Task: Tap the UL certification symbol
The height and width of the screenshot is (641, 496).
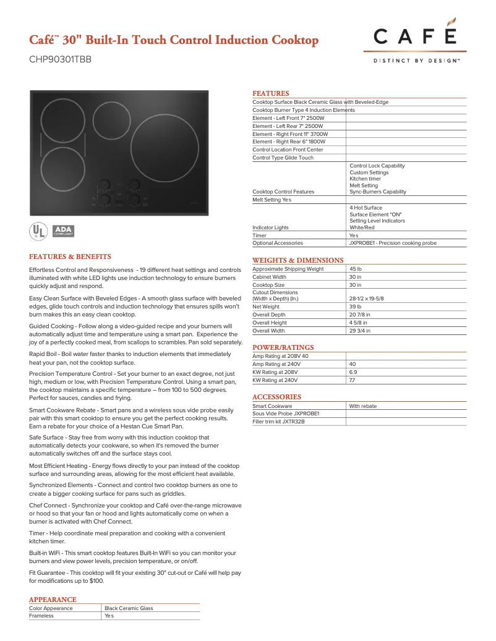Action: pyautogui.click(x=38, y=231)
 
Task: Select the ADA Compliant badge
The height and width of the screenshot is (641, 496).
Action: pyautogui.click(x=64, y=231)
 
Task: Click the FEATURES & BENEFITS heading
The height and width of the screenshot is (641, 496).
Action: pyautogui.click(x=70, y=257)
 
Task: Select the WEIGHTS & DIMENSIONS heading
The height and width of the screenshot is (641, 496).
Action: pyautogui.click(x=297, y=260)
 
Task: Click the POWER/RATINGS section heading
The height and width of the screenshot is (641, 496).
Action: pyautogui.click(x=283, y=347)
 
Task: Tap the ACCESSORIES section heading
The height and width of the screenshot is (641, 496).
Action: pyautogui.click(x=276, y=397)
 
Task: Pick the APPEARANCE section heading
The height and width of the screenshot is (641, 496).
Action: pyautogui.click(x=53, y=600)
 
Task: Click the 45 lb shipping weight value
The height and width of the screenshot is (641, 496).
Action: pyautogui.click(x=356, y=269)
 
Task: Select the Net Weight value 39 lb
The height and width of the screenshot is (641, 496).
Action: pyautogui.click(x=356, y=307)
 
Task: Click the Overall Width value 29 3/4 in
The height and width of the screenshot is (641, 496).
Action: pyautogui.click(x=360, y=331)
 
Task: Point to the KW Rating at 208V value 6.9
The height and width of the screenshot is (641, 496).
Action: pyautogui.click(x=353, y=372)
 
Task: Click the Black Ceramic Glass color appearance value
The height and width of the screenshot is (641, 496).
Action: pyautogui.click(x=129, y=608)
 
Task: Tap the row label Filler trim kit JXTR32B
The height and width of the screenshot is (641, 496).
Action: pyautogui.click(x=278, y=422)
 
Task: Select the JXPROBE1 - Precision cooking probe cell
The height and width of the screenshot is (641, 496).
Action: pyautogui.click(x=393, y=243)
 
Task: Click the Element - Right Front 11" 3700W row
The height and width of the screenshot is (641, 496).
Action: pyautogui.click(x=290, y=134)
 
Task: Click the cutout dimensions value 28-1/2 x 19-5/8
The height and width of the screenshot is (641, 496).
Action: pyautogui.click(x=367, y=299)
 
